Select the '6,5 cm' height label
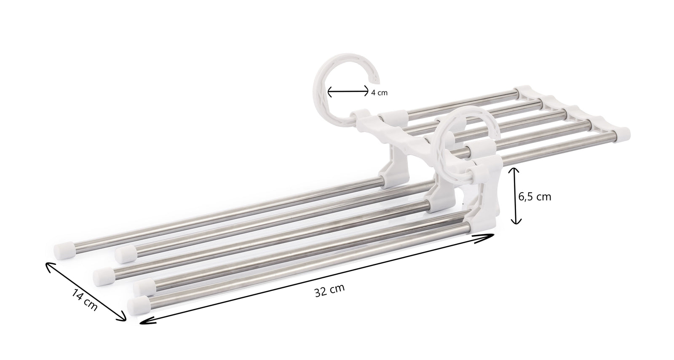pyautogui.click(x=535, y=196)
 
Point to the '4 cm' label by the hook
pyautogui.click(x=379, y=93)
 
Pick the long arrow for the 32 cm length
pyautogui.click(x=316, y=278)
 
